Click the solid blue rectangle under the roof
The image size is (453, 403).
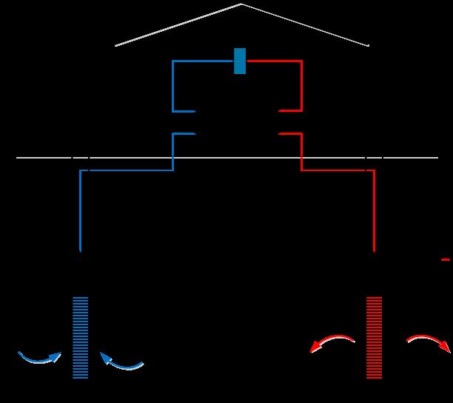coord(240,61)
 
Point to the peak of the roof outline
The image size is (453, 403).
coord(241,4)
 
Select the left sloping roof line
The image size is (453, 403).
coord(178,25)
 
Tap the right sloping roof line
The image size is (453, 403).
coord(305,25)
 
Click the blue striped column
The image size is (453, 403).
coord(80,337)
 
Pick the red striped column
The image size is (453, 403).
coord(375,337)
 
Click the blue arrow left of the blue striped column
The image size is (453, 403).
coord(40,359)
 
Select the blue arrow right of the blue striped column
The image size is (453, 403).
coord(121,362)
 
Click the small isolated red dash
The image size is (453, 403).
coord(446,259)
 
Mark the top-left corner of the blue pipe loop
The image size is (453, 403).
coord(173,61)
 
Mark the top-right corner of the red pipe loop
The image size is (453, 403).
coord(301,61)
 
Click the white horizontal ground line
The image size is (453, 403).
coord(222,158)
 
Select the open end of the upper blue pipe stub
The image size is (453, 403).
coord(194,111)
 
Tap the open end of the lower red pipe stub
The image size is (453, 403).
coord(280,134)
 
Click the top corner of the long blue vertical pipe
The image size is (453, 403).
coord(80,171)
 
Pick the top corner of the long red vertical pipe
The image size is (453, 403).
coord(375,171)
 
